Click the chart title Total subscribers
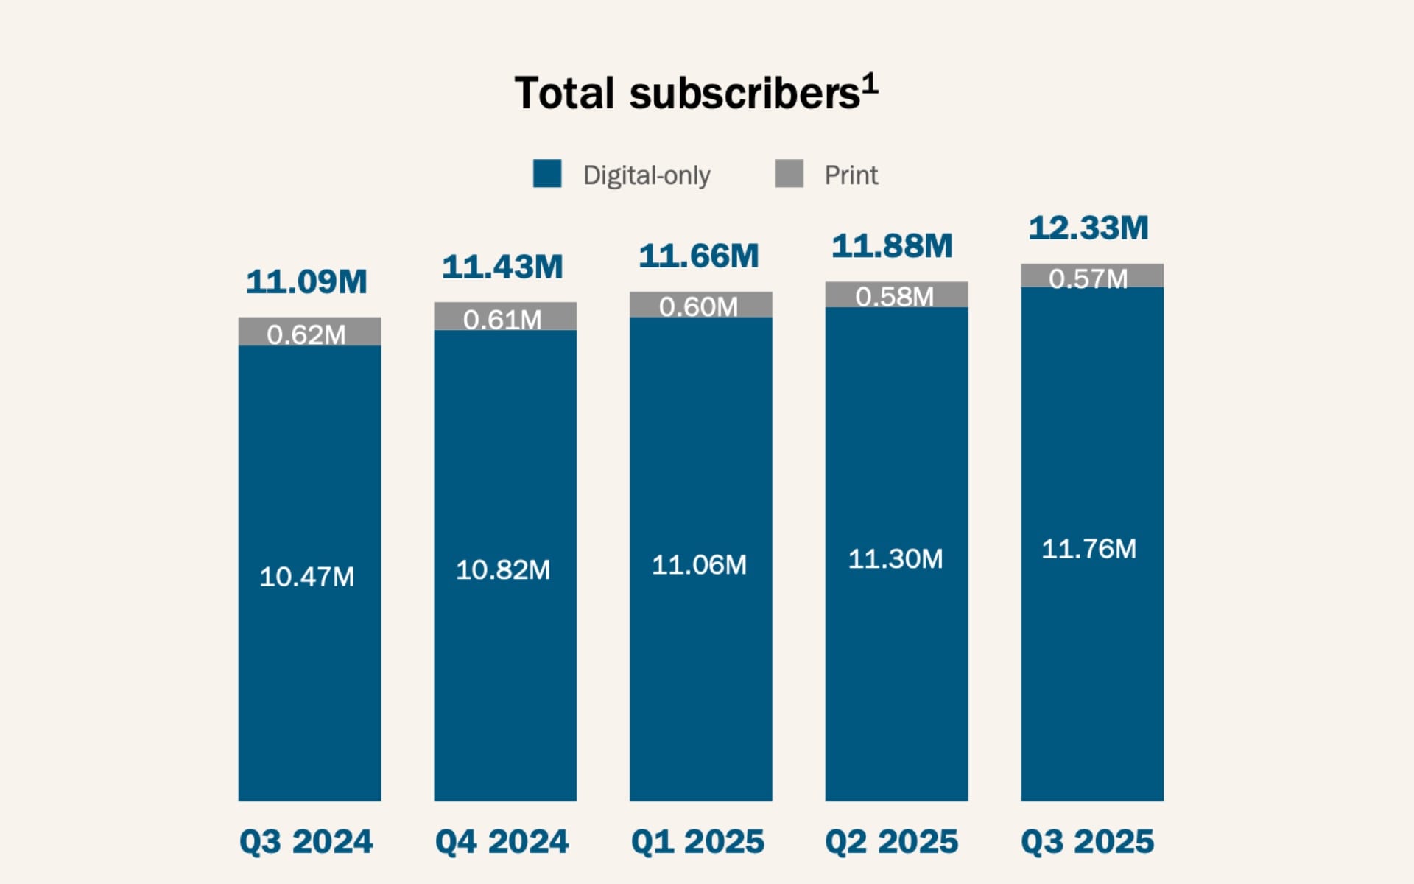pos(686,94)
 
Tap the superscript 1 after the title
pos(870,83)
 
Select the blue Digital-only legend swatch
pos(547,174)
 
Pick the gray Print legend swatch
pos(789,174)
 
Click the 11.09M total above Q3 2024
pos(306,281)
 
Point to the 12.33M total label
pos(1088,228)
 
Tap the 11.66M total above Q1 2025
pos(698,256)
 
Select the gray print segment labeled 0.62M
pos(309,331)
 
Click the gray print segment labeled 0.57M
pos(1091,276)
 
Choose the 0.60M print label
pos(698,306)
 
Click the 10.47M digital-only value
pos(306,576)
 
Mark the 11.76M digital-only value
pos(1088,549)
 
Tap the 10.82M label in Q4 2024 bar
pos(503,569)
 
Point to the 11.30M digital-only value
pos(895,558)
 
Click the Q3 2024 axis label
pos(306,841)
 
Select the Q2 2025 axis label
pos(892,841)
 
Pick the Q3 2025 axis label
pos(1088,841)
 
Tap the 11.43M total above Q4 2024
pos(502,267)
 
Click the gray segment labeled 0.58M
pos(896,294)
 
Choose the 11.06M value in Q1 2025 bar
pos(699,564)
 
